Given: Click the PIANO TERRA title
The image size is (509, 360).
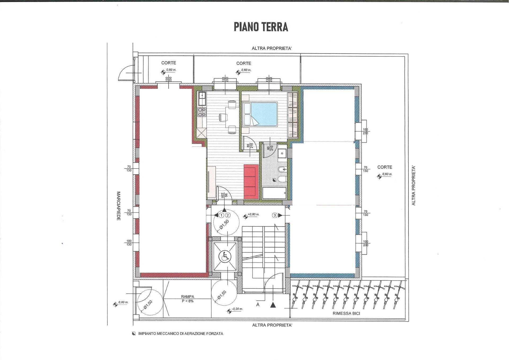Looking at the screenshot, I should (261, 27).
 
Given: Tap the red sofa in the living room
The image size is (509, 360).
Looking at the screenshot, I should (251, 181).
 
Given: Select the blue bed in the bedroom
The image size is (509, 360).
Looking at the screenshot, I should (264, 114).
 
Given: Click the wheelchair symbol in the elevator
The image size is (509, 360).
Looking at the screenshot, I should (225, 257).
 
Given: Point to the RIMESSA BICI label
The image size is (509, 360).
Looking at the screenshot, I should (346, 313).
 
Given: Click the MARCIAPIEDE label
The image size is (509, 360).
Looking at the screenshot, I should (119, 206).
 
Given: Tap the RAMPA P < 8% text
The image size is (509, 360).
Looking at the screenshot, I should (187, 299).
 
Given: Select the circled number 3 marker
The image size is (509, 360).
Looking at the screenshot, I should (275, 215).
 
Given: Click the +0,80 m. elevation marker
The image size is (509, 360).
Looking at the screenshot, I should (253, 215).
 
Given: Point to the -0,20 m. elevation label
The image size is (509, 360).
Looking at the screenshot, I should (237, 309).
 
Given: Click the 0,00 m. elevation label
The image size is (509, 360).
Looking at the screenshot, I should (123, 302).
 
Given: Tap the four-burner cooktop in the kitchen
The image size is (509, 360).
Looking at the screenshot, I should (202, 112).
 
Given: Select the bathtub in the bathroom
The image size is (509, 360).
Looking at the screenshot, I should (274, 193).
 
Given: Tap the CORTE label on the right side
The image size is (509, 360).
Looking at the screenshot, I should (384, 167).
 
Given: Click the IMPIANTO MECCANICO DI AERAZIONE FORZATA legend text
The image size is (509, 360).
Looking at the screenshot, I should (181, 334).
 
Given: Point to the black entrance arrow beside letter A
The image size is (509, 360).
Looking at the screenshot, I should (273, 305).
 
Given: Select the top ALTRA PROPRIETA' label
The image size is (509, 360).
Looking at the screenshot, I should (272, 49).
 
